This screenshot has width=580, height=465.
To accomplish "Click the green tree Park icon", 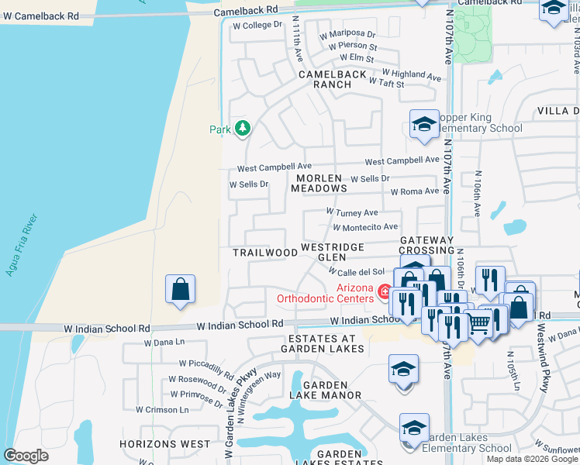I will pos(243,127).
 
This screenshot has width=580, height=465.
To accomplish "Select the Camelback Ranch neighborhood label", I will pos(332,79).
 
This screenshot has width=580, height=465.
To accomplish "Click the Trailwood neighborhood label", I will pos(265,253).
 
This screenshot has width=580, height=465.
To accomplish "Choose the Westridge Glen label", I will pos(332,252).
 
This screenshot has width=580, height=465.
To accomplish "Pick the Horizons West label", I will pos(164,444).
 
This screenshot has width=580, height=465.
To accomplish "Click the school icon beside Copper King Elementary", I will pos(424,125).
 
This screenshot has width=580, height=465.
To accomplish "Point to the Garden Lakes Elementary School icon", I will pos(414,429).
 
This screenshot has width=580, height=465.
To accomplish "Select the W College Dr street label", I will pos(257,25).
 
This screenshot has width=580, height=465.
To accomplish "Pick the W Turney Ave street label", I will pos(352,212).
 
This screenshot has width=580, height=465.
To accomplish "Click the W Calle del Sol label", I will pos(356,271).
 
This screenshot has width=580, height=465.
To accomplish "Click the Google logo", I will pos(26,456).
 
